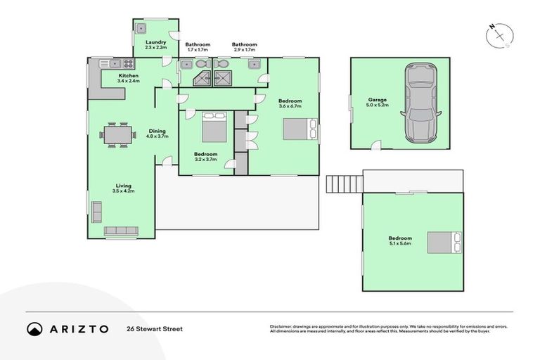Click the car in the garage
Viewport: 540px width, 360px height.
(419, 102)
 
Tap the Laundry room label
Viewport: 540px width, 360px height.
(155, 45)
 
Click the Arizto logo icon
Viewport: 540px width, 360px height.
(34, 328)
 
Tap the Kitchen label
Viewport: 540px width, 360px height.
(129, 78)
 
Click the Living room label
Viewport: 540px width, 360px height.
(123, 188)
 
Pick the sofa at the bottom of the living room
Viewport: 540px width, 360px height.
(121, 231)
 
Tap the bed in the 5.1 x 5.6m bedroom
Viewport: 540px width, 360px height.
(445, 242)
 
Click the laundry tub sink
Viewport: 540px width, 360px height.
(141, 29)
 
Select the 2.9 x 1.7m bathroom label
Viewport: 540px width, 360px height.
(245, 47)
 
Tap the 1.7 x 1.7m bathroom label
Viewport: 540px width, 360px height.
(198, 47)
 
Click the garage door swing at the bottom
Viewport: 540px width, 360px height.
(376, 146)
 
